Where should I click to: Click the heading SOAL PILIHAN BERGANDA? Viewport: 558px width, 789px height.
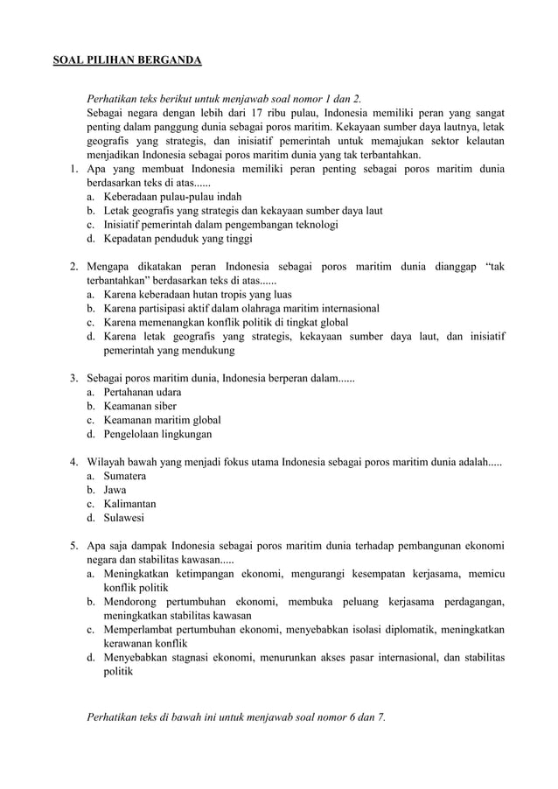coord(128,60)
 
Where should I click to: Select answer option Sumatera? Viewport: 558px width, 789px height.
coord(124,476)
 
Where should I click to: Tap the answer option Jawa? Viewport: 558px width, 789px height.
coord(115,490)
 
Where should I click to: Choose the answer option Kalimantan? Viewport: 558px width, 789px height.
coord(129,504)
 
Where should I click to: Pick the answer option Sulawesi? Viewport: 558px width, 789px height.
coord(124,518)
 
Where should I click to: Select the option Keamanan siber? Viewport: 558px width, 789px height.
coord(140,406)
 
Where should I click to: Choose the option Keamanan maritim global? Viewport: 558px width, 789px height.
coord(162,420)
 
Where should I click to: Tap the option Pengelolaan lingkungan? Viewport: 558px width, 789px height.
coord(157,434)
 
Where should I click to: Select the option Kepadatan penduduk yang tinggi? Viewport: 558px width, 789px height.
coord(178,239)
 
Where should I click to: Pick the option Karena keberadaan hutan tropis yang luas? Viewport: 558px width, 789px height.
coord(198,295)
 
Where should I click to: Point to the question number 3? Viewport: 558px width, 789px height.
coord(74,378)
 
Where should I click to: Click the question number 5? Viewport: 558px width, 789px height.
coord(74,546)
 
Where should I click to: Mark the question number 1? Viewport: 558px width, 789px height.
coord(74,169)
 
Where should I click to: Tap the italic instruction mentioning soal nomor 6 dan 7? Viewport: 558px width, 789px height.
coord(235,717)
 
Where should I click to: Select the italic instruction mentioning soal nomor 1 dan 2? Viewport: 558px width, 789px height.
coord(224,99)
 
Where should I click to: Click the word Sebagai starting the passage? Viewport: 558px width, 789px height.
coord(106,113)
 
